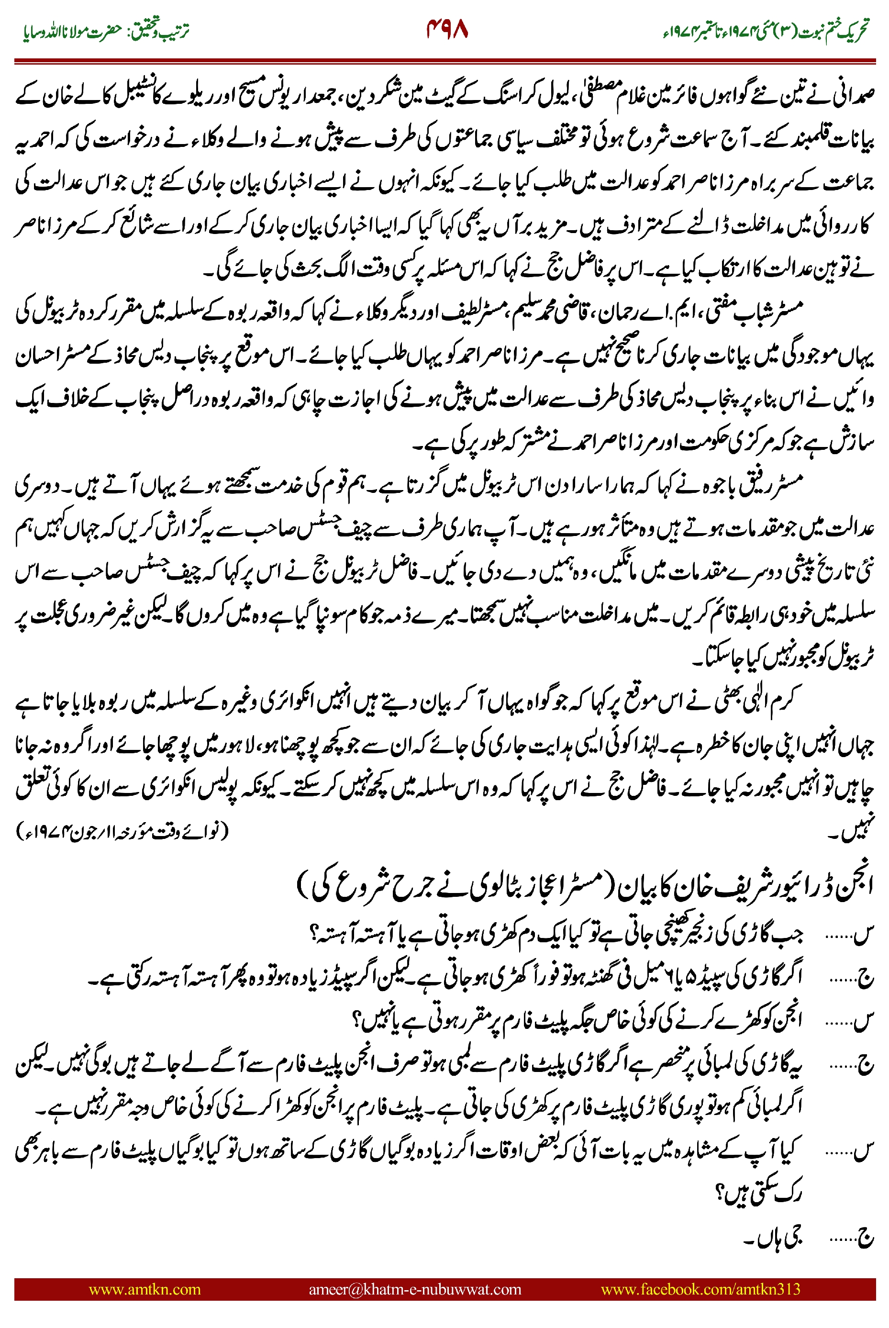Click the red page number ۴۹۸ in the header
pyautogui.click(x=447, y=30)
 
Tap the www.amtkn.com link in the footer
pyautogui.click(x=144, y=1289)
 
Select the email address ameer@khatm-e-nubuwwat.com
pyautogui.click(x=414, y=1289)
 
